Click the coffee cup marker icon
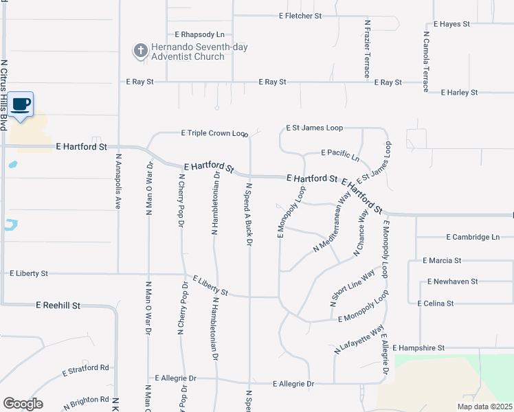[21, 104]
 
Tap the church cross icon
[140, 51]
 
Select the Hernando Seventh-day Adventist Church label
[190, 51]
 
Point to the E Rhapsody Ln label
[199, 34]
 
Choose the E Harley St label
[459, 92]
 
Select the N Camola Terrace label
[426, 60]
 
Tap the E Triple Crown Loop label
[214, 133]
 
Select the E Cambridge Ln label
[473, 237]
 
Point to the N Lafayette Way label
[359, 340]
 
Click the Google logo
[23, 404]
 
